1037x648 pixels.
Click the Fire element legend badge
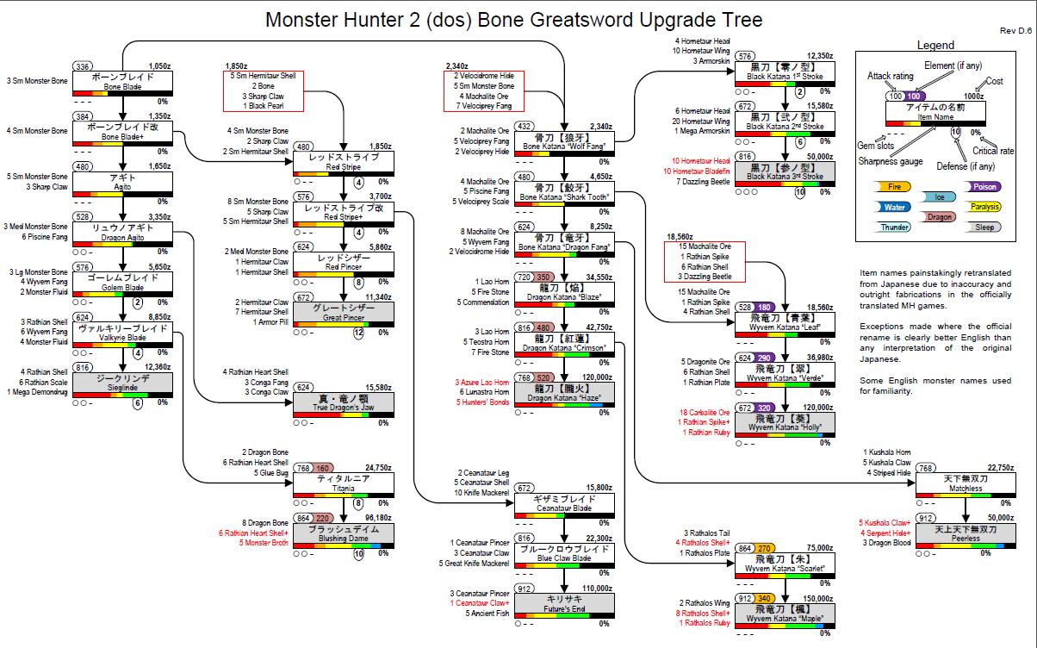tap(894, 185)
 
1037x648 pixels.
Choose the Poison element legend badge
tap(984, 185)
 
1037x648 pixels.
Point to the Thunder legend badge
tap(894, 227)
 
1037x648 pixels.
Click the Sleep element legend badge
tap(984, 227)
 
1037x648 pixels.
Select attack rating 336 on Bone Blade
tap(84, 65)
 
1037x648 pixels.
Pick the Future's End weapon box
tap(565, 603)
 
